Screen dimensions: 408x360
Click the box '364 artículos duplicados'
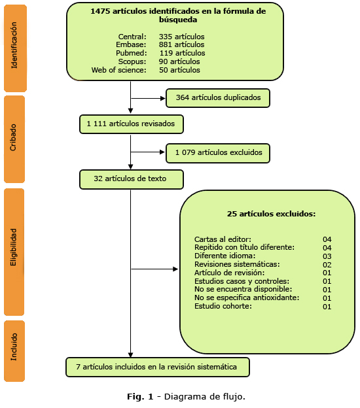tap(218, 98)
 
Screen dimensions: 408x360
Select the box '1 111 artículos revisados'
tap(131, 123)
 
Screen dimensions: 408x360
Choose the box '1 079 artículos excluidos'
tap(218, 153)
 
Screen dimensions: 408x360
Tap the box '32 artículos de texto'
tap(131, 178)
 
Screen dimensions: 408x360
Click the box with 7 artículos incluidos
tap(158, 367)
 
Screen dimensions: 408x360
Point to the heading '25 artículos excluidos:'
tap(271, 214)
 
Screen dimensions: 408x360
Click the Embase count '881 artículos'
tap(182, 44)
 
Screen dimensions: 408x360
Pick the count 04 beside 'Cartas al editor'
tap(327, 239)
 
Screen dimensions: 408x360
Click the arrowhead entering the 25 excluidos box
tap(175, 269)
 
